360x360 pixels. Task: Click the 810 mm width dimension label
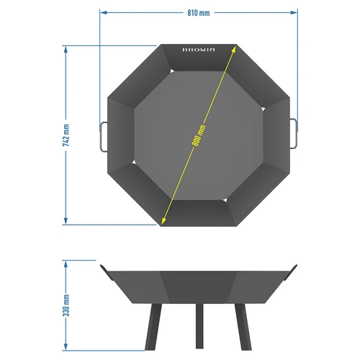point(198,12)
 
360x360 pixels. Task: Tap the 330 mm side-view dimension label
point(66,305)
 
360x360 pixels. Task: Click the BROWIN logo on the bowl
point(198,51)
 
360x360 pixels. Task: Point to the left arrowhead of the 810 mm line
point(102,12)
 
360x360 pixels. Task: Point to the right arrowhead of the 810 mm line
point(295,12)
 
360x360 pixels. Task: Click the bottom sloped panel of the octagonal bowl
point(199,212)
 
